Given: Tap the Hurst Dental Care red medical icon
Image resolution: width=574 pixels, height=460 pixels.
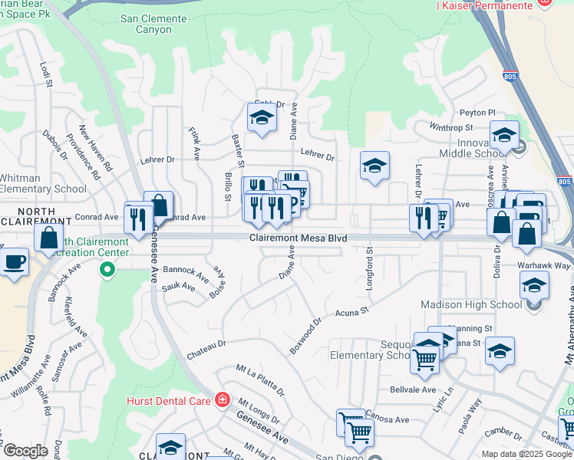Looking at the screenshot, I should click(x=222, y=399).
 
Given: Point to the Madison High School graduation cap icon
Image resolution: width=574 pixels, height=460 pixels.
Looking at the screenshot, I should click(x=534, y=286).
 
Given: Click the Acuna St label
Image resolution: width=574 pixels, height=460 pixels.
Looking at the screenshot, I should click(x=353, y=312).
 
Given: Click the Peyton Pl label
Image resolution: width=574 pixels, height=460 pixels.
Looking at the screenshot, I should click(x=478, y=113).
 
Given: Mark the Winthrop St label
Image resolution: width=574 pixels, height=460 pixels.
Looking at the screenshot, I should click(x=448, y=127).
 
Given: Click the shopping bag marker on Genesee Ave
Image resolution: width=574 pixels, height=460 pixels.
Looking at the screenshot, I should click(x=159, y=205).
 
